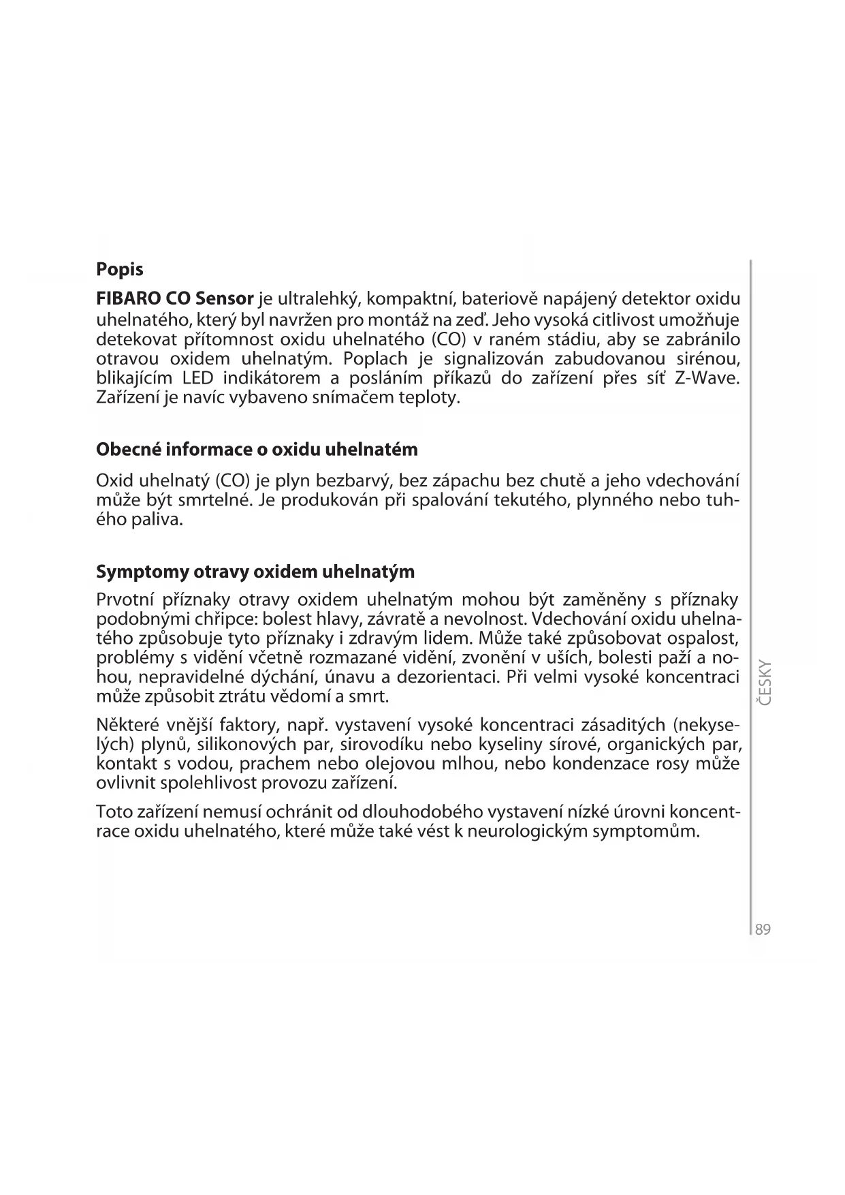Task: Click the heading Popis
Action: [x=120, y=270]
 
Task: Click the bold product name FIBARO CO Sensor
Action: [x=175, y=299]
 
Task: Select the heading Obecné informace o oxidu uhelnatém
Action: [x=257, y=450]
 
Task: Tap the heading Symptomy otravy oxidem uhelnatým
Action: [x=255, y=571]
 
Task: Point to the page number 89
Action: [x=763, y=930]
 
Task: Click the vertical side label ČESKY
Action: [x=764, y=683]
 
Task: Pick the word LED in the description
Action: [x=198, y=378]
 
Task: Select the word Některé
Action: [x=127, y=724]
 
